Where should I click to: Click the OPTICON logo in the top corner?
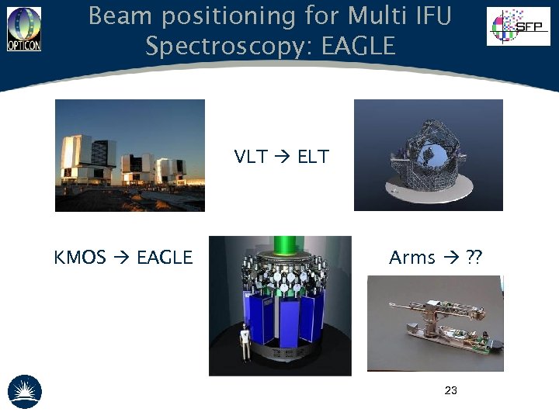click(x=24, y=29)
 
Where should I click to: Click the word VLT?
click(x=251, y=157)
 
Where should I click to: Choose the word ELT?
click(x=313, y=157)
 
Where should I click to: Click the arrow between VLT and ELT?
click(x=282, y=158)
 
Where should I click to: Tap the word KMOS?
click(x=79, y=258)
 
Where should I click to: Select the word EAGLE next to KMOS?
click(x=164, y=258)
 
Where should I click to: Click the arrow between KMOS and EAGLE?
click(x=120, y=258)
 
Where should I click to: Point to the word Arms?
click(x=411, y=258)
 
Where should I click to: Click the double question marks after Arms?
click(x=473, y=258)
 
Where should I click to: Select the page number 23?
click(x=450, y=390)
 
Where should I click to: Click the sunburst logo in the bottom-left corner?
click(x=24, y=391)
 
